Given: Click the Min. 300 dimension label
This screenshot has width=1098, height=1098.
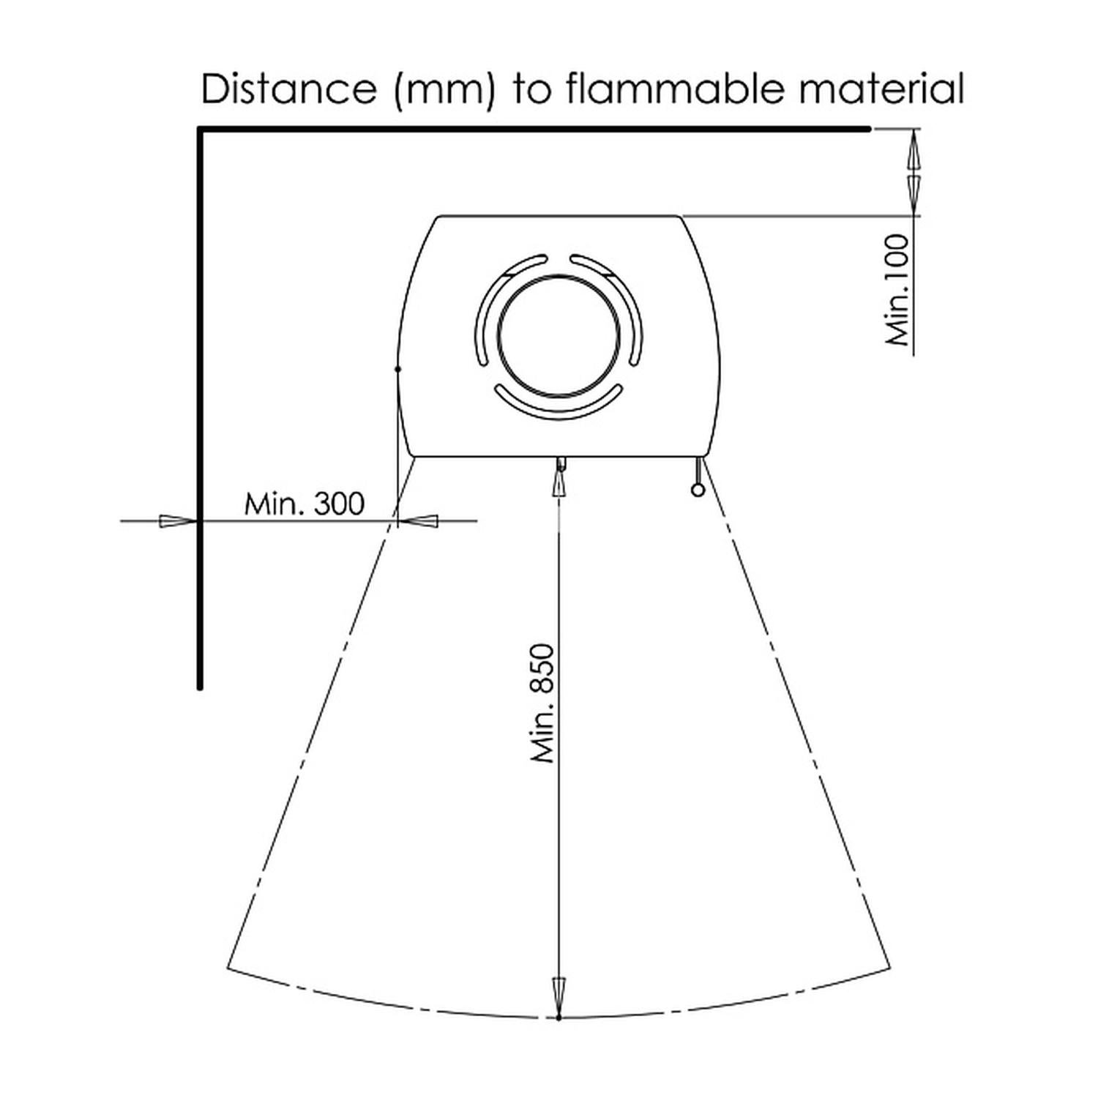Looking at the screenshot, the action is point(304,504).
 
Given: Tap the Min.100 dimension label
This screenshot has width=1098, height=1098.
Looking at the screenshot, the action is point(897,290).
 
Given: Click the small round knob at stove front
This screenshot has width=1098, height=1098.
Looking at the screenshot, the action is point(698,490).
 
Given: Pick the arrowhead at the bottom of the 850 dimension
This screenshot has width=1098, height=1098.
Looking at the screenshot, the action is point(559,997).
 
